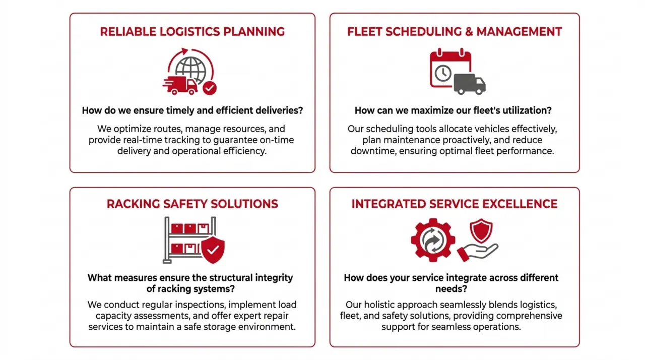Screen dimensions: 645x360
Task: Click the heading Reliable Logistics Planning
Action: (192, 32)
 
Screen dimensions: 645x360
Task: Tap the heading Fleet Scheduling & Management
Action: (455, 32)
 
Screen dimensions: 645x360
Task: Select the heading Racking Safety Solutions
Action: (192, 204)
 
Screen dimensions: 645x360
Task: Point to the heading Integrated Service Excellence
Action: (455, 204)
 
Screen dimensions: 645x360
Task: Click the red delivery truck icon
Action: (180, 86)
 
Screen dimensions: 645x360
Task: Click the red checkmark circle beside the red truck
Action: (210, 88)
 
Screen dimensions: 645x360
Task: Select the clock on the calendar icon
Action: (443, 73)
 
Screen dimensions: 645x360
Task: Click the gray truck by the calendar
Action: (470, 84)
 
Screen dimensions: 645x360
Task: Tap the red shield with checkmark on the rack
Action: (213, 250)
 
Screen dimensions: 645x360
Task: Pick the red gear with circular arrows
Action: (433, 240)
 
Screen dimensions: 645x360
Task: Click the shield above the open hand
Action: (481, 230)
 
